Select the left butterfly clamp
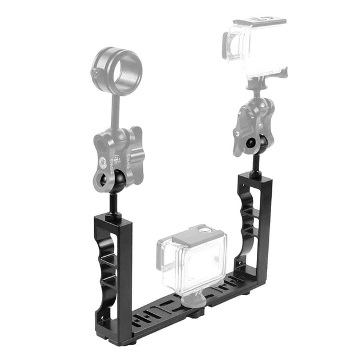[x=120, y=157]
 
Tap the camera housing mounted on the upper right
[x=255, y=47]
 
